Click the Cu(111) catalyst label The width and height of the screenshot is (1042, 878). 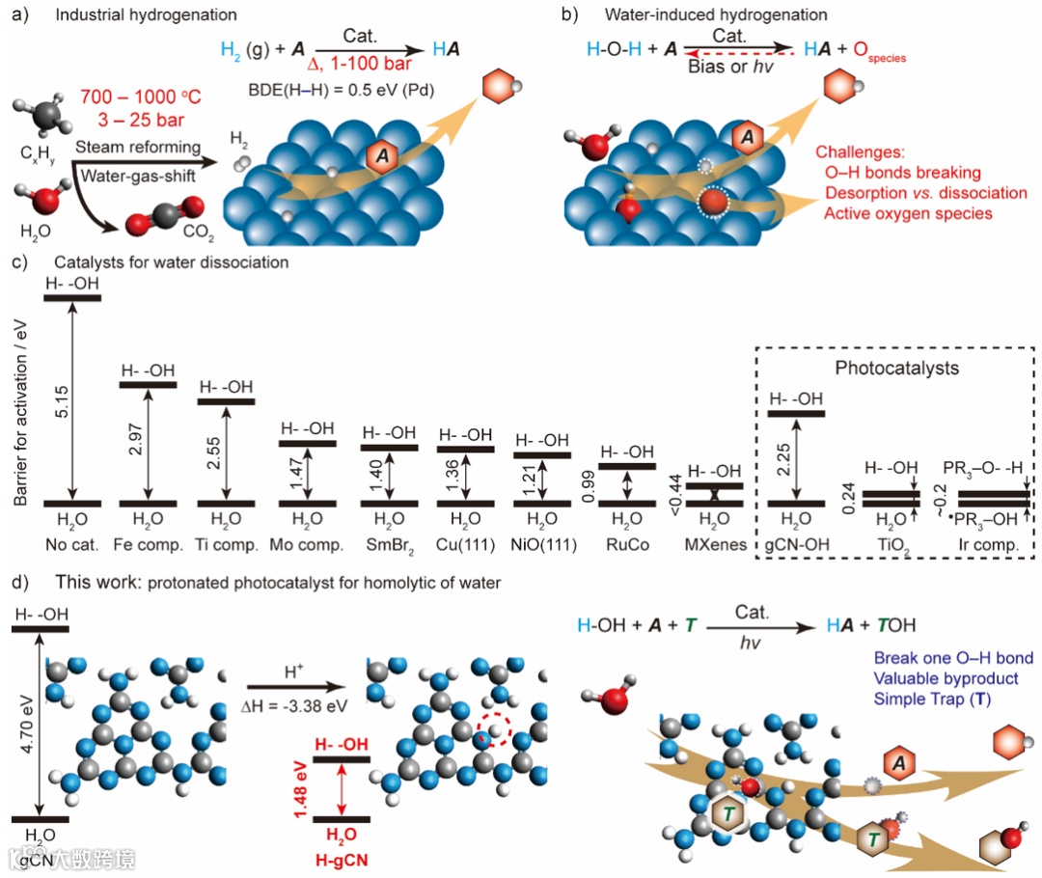pyautogui.click(x=464, y=544)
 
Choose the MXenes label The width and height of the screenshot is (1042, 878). pyautogui.click(x=713, y=544)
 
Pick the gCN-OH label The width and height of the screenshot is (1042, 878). pyautogui.click(x=796, y=544)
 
